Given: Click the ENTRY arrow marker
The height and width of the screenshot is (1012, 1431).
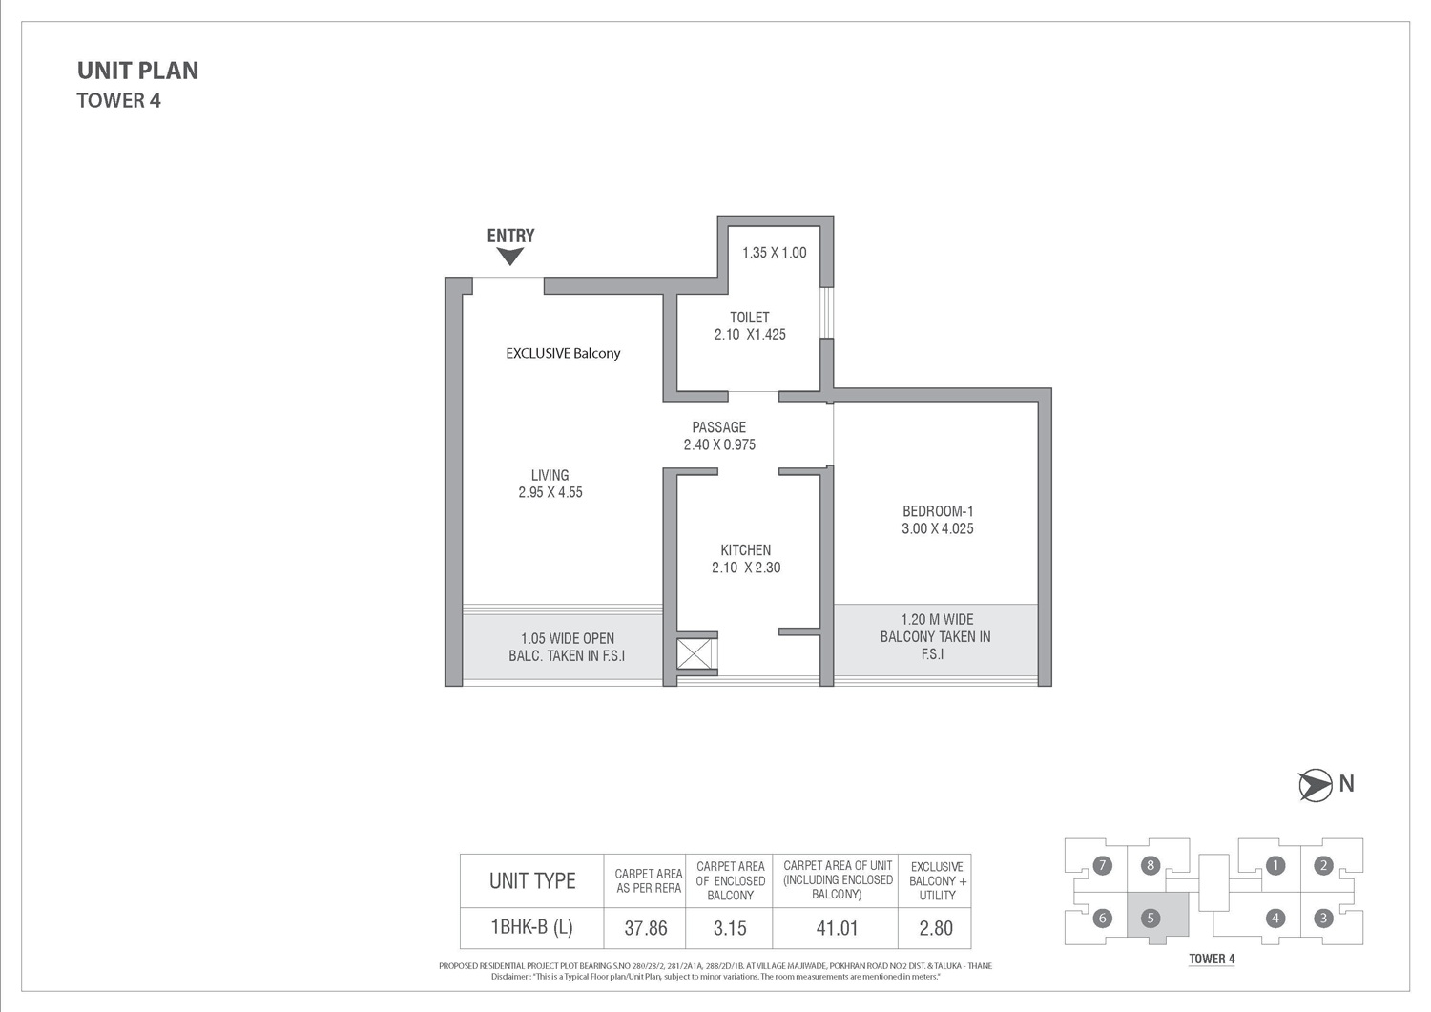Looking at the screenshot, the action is (510, 257).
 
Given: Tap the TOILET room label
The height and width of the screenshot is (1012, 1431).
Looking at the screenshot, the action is (750, 318).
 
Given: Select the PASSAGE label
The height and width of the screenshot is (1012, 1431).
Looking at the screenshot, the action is (718, 427).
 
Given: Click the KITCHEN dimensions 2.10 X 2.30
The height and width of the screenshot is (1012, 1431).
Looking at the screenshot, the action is (746, 568).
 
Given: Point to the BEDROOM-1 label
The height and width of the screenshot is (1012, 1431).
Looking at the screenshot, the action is (938, 511).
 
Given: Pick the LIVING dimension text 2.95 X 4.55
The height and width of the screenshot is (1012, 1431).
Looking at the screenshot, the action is (550, 492).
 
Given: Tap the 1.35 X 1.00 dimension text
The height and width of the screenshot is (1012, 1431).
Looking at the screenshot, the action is (775, 253).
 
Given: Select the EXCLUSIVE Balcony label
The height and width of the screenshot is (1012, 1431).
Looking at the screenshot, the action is (563, 353).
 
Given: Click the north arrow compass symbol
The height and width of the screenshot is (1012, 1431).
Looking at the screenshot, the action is (1315, 785).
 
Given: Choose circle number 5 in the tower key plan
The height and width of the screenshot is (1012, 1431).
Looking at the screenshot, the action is (1150, 919).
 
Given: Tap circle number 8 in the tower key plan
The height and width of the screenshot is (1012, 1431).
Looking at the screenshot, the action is (1150, 866).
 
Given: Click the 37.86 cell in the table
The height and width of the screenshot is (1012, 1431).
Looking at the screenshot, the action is (645, 928).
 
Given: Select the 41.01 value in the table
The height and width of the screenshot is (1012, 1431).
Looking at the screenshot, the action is (837, 928).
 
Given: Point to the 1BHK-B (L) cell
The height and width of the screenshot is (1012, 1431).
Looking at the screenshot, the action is (531, 927).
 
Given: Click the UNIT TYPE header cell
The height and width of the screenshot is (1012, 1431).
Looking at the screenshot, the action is (532, 881).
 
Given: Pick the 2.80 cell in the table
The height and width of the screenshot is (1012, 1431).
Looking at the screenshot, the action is (936, 928).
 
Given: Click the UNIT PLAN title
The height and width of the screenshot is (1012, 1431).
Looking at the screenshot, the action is (138, 71).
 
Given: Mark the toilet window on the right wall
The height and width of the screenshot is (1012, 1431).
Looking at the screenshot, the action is (827, 313).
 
